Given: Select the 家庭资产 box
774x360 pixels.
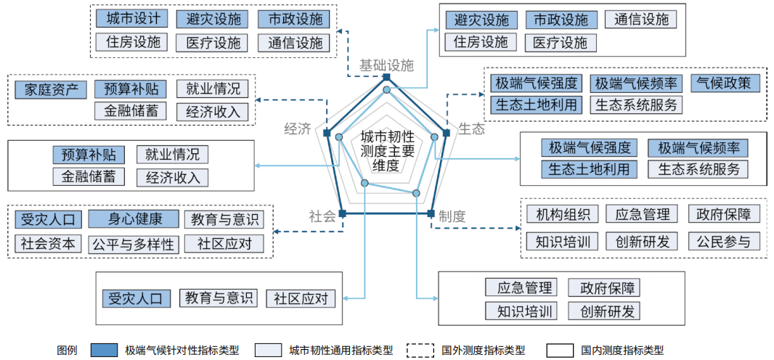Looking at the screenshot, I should [x=51, y=89].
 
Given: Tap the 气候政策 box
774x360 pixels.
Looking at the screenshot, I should [x=725, y=82].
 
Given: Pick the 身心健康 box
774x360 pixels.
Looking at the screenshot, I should [x=134, y=219].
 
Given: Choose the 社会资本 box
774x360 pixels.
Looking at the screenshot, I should [x=49, y=243].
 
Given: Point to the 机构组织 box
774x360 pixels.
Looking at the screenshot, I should [x=563, y=214].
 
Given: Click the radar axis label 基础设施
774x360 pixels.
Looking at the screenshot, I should [x=386, y=65].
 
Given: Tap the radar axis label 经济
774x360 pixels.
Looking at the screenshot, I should [x=297, y=129].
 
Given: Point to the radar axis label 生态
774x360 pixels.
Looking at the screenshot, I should [x=471, y=129].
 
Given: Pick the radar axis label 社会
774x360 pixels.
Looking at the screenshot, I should [x=322, y=216].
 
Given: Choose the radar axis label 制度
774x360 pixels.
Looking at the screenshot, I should [x=452, y=216].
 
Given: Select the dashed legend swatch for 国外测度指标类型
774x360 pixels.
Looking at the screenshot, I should [x=422, y=350].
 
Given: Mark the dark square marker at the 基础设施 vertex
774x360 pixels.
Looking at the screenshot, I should [x=387, y=78].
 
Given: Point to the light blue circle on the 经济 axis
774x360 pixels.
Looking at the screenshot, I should [x=338, y=136].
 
